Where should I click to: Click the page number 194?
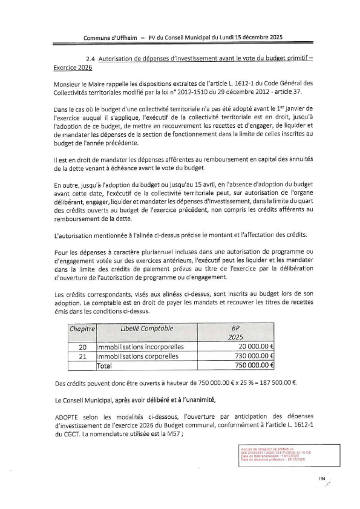click(x=322, y=479)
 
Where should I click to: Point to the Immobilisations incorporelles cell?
click(x=131, y=347)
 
